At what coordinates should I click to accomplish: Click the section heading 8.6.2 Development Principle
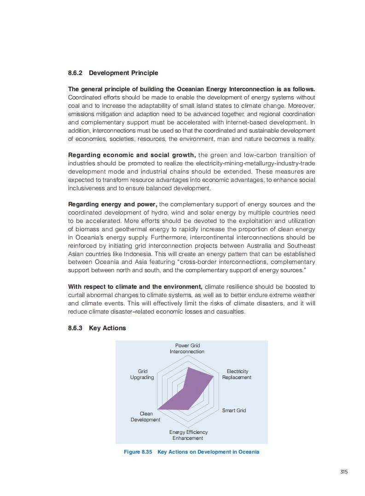(x=113, y=73)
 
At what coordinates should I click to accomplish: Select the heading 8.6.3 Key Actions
(x=97, y=328)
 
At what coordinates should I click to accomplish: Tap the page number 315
(x=344, y=471)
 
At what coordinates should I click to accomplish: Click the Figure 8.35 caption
(x=191, y=452)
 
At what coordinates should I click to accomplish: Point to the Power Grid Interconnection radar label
(x=187, y=349)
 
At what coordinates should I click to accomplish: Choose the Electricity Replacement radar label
(x=237, y=374)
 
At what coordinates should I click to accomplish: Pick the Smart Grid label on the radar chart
(x=234, y=410)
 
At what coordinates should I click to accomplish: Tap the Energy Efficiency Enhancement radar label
(x=188, y=435)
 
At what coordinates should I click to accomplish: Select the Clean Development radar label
(x=145, y=417)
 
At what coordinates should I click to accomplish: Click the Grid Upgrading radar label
(x=142, y=374)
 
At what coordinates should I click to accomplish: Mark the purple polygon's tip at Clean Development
(x=158, y=409)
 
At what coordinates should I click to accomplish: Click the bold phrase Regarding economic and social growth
(x=132, y=155)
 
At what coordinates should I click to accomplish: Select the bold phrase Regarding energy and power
(x=113, y=204)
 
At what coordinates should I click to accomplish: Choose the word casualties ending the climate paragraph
(x=230, y=312)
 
